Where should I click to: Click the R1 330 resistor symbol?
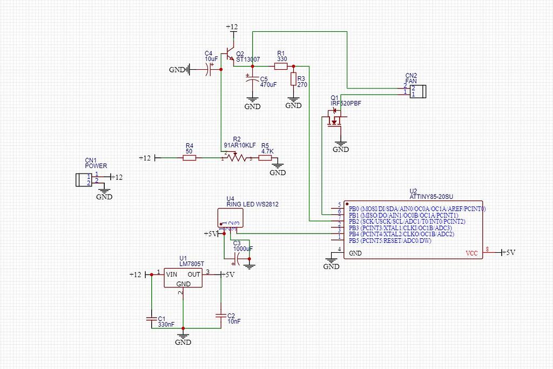pyautogui.click(x=281, y=66)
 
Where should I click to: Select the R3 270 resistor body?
pyautogui.click(x=293, y=79)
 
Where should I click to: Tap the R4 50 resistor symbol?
pyautogui.click(x=189, y=158)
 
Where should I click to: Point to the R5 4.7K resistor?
pyautogui.click(x=266, y=158)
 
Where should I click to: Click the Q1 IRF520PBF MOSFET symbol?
pyautogui.click(x=335, y=119)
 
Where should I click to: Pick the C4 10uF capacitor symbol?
pyautogui.click(x=208, y=69)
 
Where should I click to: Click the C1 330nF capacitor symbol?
pyautogui.click(x=152, y=318)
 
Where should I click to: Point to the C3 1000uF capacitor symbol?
pyautogui.click(x=238, y=260)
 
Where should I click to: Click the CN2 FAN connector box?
pyautogui.click(x=417, y=91)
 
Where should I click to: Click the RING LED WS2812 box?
pyautogui.click(x=231, y=217)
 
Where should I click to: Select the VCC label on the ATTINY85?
pyautogui.click(x=472, y=253)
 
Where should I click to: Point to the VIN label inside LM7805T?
pyautogui.click(x=172, y=274)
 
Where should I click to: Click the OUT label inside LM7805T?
pyautogui.click(x=194, y=274)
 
